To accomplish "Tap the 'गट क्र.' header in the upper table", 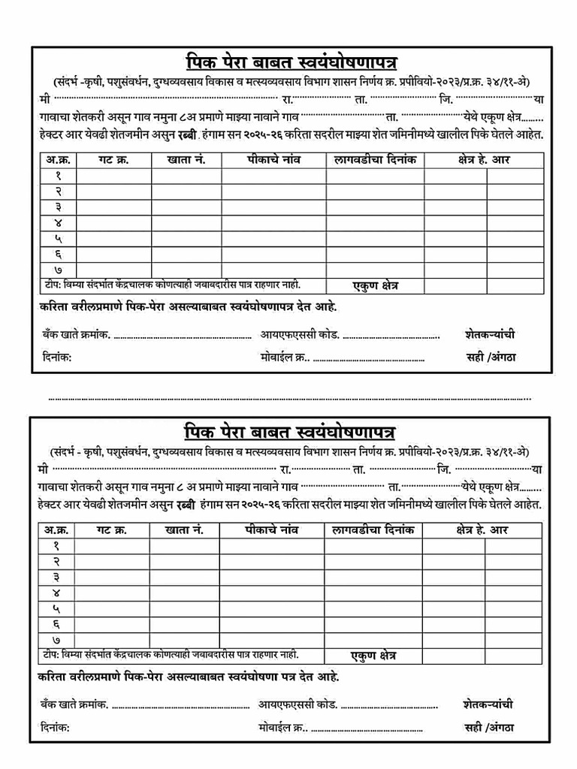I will coord(113,159).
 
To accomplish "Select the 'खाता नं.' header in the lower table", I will coord(184,530).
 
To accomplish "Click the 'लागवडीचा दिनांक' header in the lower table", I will coord(373,530).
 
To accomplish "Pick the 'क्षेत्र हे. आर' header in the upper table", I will coord(484,159).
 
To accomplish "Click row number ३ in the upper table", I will coord(57,207).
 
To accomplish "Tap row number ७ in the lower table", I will coord(56,639).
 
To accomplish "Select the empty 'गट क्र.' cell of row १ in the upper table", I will coord(113,176).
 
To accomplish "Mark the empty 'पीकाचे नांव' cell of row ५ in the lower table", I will coord(272,608).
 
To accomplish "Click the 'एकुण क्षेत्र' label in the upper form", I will coord(376,285).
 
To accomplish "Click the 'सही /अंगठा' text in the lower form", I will coord(489,728).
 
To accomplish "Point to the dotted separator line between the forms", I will coord(289,397).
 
